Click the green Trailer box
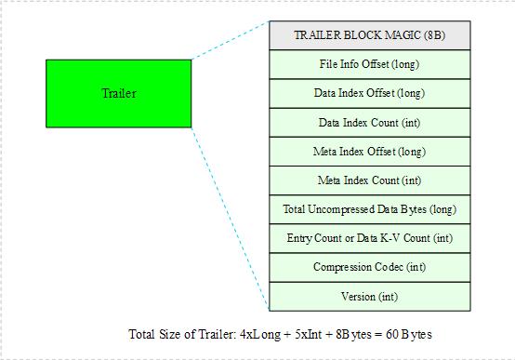click(118, 93)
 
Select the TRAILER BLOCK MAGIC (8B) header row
click(369, 35)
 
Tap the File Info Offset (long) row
click(369, 64)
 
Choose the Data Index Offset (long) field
click(369, 93)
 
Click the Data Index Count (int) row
click(369, 122)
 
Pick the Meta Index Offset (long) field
click(369, 151)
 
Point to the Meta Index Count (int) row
click(369, 180)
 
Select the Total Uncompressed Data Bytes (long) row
click(369, 209)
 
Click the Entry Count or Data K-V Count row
click(369, 238)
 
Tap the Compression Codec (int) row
click(369, 267)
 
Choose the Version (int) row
click(369, 296)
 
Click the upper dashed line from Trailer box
click(230, 41)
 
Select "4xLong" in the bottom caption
click(257, 333)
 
